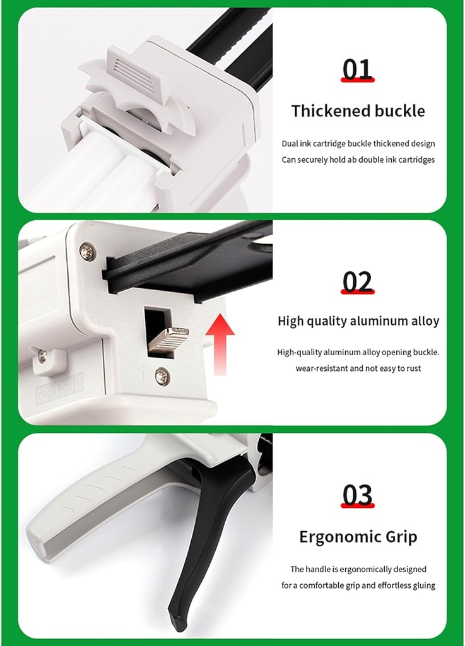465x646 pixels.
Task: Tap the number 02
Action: [x=358, y=282]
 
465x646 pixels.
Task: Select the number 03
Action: [x=358, y=495]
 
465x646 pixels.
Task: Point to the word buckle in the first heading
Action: [x=400, y=111]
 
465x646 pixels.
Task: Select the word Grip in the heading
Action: [x=401, y=538]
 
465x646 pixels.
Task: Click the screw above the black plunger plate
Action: [x=87, y=252]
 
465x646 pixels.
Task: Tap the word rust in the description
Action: [x=412, y=368]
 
